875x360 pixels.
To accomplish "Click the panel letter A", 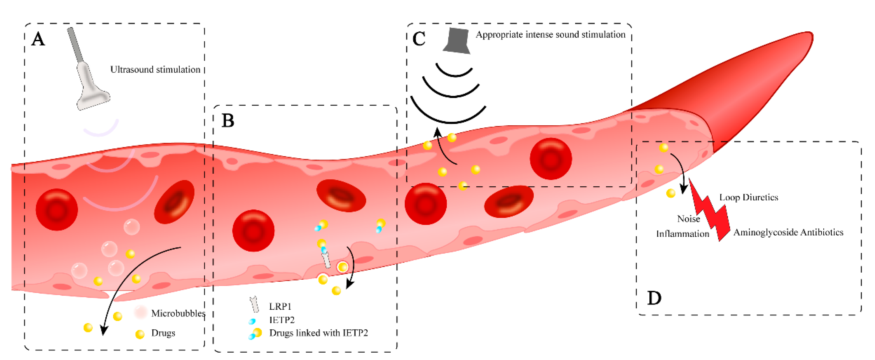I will coord(38,39).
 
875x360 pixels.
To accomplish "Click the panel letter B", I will coord(228,121).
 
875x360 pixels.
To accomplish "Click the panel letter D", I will coord(654,298).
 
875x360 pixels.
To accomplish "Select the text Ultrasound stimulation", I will coord(155,70).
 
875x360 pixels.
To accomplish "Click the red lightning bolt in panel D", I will coord(710,210).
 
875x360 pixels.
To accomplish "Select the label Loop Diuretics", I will coord(748,197).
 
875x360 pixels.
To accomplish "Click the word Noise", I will coord(688,219).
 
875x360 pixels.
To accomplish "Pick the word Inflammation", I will coord(683,234).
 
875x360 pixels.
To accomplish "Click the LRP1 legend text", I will coord(280,306).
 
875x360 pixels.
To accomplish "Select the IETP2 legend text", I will coord(282,320).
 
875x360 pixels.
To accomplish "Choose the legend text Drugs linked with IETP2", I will coord(318,333).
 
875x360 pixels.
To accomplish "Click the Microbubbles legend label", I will coord(178,313).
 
